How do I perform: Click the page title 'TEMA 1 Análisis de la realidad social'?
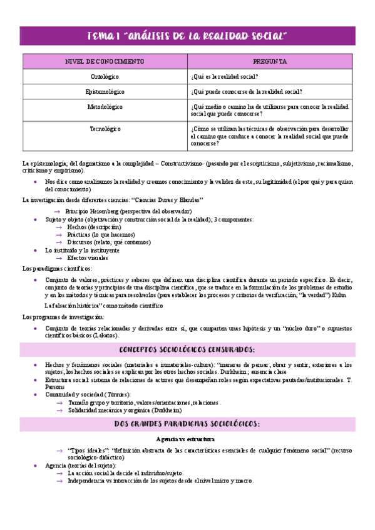point(187,36)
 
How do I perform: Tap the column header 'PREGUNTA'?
point(270,62)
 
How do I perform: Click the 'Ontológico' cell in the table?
point(105,76)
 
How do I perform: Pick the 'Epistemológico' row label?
point(105,91)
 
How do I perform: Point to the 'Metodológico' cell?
point(105,107)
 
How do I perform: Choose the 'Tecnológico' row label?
point(105,129)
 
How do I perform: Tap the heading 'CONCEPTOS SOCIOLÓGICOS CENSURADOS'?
point(187,349)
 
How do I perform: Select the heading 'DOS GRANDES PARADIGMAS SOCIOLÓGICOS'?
point(187,424)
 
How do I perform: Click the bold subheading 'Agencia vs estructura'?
point(187,439)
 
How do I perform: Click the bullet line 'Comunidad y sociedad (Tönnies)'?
point(88,394)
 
